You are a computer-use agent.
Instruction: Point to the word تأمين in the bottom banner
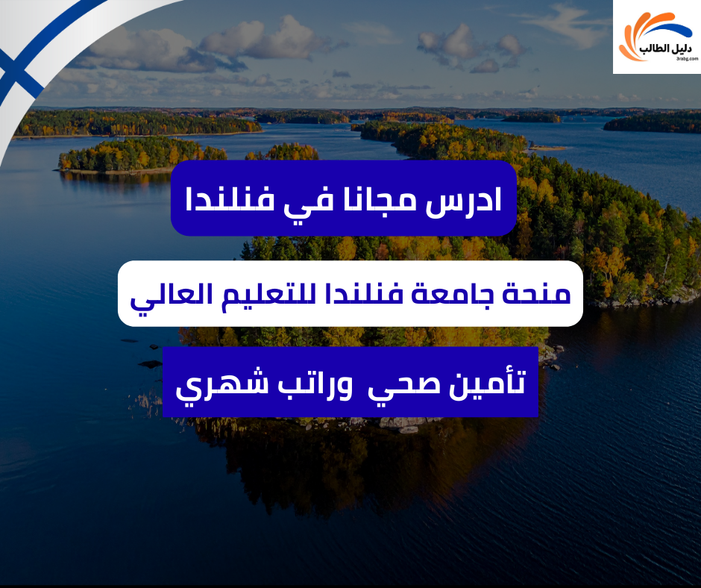pyautogui.click(x=483, y=382)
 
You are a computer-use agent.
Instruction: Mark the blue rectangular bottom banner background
pyautogui.click(x=350, y=407)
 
